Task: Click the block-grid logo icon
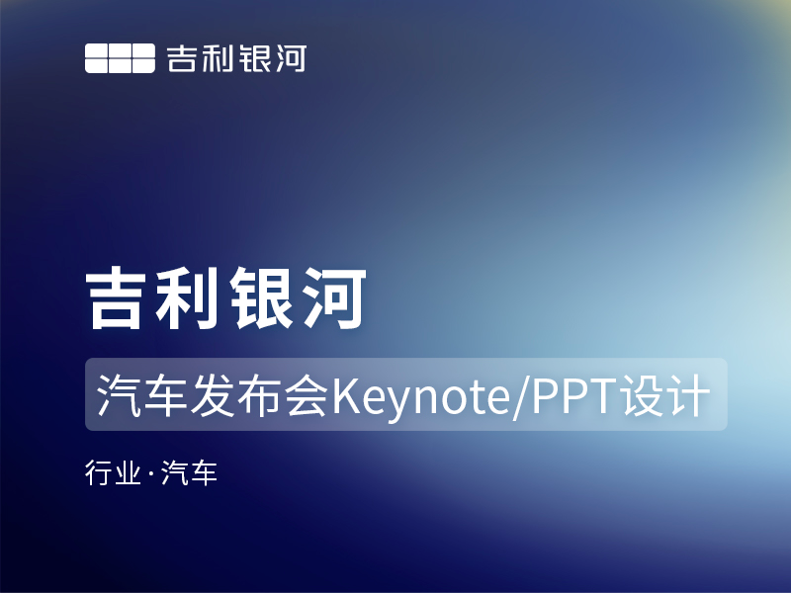(x=120, y=58)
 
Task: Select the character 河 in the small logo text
(x=290, y=58)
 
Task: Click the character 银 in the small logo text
(x=253, y=58)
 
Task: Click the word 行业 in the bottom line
(x=112, y=474)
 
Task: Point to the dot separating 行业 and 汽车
(x=149, y=475)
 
